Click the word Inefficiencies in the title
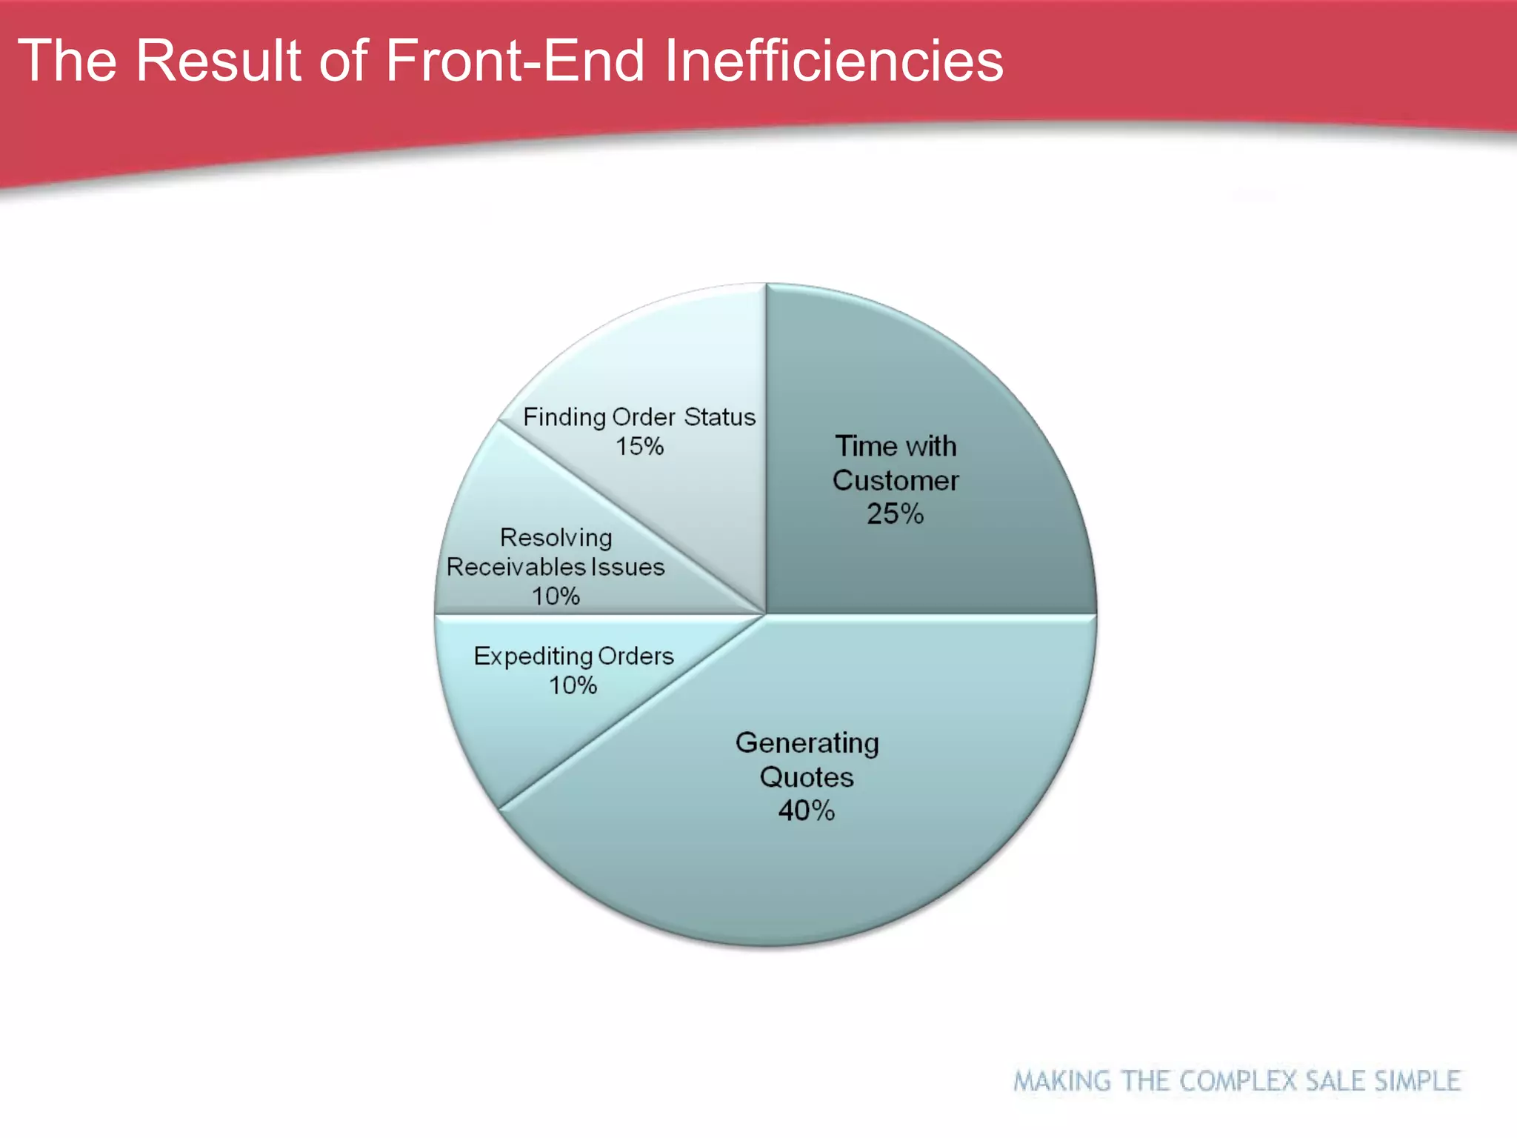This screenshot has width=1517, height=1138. (833, 61)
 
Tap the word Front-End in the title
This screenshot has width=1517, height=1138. (515, 61)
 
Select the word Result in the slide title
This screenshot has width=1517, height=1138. (219, 61)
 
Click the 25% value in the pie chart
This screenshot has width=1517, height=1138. (895, 514)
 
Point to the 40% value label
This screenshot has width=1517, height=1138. (806, 811)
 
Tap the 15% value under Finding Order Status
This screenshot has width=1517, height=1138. (639, 447)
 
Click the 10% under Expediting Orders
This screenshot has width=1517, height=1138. (573, 685)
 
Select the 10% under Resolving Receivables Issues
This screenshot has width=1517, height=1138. (556, 596)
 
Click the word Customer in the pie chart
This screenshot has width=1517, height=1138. (895, 481)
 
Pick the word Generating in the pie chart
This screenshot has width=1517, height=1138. (807, 743)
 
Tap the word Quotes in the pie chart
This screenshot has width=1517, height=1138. (806, 777)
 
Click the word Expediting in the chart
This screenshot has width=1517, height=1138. (533, 657)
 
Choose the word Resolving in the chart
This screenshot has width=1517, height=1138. (556, 538)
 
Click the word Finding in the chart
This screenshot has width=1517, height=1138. (564, 418)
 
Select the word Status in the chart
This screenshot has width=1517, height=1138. (719, 417)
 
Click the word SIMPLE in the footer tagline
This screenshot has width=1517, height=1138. (1417, 1081)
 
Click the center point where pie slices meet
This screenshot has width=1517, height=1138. (765, 614)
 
